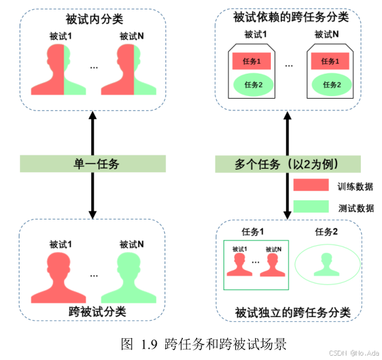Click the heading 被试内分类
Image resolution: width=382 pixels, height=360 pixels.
92,21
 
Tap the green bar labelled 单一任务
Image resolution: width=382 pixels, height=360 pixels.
92,164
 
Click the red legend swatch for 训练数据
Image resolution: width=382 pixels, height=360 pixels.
311,185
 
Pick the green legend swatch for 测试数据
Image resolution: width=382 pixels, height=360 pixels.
311,206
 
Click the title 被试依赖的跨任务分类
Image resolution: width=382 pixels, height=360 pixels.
289,17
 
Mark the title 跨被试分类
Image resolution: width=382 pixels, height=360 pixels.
92,311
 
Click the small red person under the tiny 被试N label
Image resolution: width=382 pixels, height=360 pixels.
273,265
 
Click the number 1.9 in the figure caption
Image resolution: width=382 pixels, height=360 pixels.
150,343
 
